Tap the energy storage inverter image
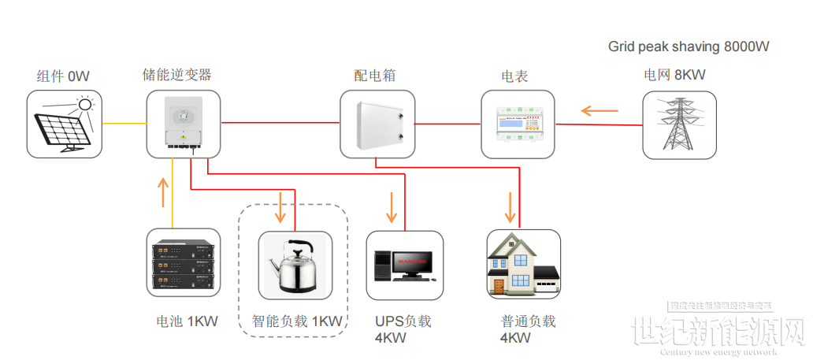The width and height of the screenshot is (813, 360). click(183, 124)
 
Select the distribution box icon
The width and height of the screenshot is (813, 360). click(376, 124)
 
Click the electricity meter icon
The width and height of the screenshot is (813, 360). click(518, 124)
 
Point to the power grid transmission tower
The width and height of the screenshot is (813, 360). click(678, 124)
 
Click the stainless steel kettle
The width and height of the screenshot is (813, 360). click(294, 266)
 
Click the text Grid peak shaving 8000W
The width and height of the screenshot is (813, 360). click(688, 46)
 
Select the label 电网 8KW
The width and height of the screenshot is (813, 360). click(674, 76)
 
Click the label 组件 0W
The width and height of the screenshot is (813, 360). click(63, 76)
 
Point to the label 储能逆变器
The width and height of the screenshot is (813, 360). click(176, 75)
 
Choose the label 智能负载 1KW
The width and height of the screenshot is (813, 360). click(297, 321)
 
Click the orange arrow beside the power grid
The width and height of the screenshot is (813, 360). click(599, 110)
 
